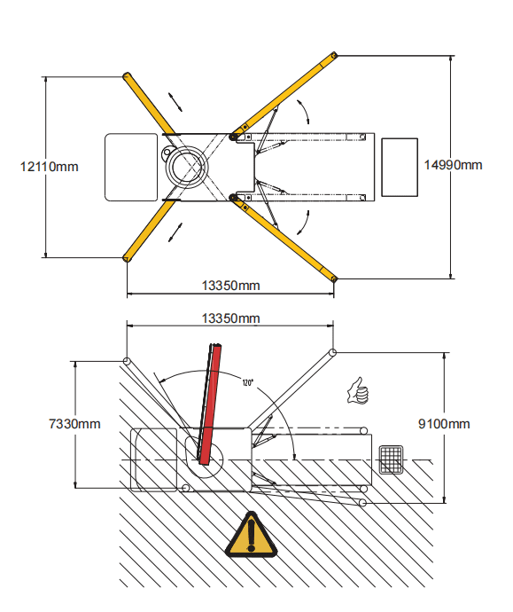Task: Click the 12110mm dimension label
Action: (x=49, y=167)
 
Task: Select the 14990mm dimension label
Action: (x=453, y=165)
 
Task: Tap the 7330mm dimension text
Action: (x=74, y=424)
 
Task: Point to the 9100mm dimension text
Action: (x=444, y=424)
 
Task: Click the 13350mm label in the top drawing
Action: (x=230, y=286)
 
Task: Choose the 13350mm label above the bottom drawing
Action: (x=230, y=318)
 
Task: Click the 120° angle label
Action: (x=247, y=382)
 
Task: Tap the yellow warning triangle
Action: (x=252, y=534)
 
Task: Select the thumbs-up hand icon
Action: (x=358, y=391)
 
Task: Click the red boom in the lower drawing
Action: (x=211, y=404)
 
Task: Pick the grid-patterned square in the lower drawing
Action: (x=391, y=459)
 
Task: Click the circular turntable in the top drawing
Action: (x=187, y=167)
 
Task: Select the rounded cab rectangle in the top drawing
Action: (x=131, y=167)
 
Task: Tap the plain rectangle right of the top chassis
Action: (x=400, y=167)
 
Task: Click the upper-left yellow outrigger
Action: (x=149, y=103)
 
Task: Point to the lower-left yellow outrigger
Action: (x=150, y=231)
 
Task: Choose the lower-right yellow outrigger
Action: (x=283, y=238)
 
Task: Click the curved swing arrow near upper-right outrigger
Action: (x=305, y=111)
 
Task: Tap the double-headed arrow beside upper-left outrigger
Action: (x=175, y=102)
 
